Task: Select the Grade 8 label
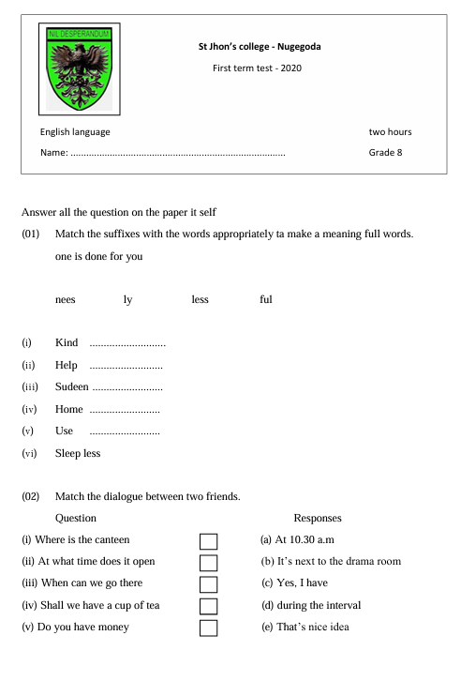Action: point(386,152)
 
